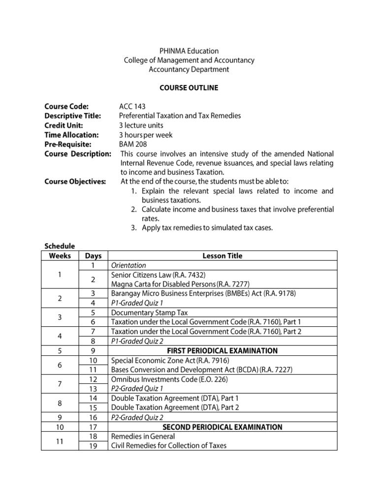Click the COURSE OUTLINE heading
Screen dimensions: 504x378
click(x=189, y=88)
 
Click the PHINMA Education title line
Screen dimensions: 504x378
click(x=189, y=51)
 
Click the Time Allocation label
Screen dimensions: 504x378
click(x=72, y=135)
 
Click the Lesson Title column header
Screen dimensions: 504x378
click(x=222, y=256)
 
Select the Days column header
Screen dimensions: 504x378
click(x=93, y=256)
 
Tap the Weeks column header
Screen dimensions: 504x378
click(x=60, y=256)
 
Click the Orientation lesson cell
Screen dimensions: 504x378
click(x=129, y=265)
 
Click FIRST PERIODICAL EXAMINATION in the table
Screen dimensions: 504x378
click(x=222, y=351)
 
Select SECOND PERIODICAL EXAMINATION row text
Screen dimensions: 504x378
click(x=222, y=427)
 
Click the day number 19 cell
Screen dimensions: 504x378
click(x=93, y=446)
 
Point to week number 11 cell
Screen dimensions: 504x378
click(x=60, y=441)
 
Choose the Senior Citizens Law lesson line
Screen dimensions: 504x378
click(x=155, y=275)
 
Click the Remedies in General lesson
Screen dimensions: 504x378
click(x=143, y=437)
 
